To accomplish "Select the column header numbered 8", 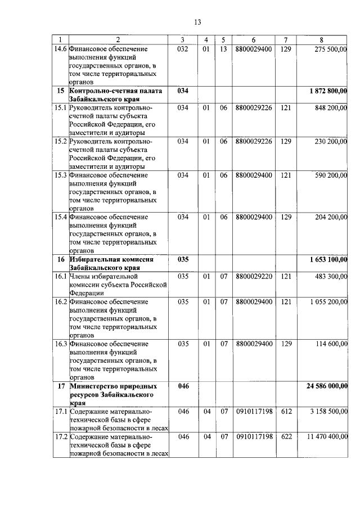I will click(x=321, y=39).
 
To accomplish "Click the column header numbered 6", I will click(x=254, y=39).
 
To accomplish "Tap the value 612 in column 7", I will click(x=286, y=411).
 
